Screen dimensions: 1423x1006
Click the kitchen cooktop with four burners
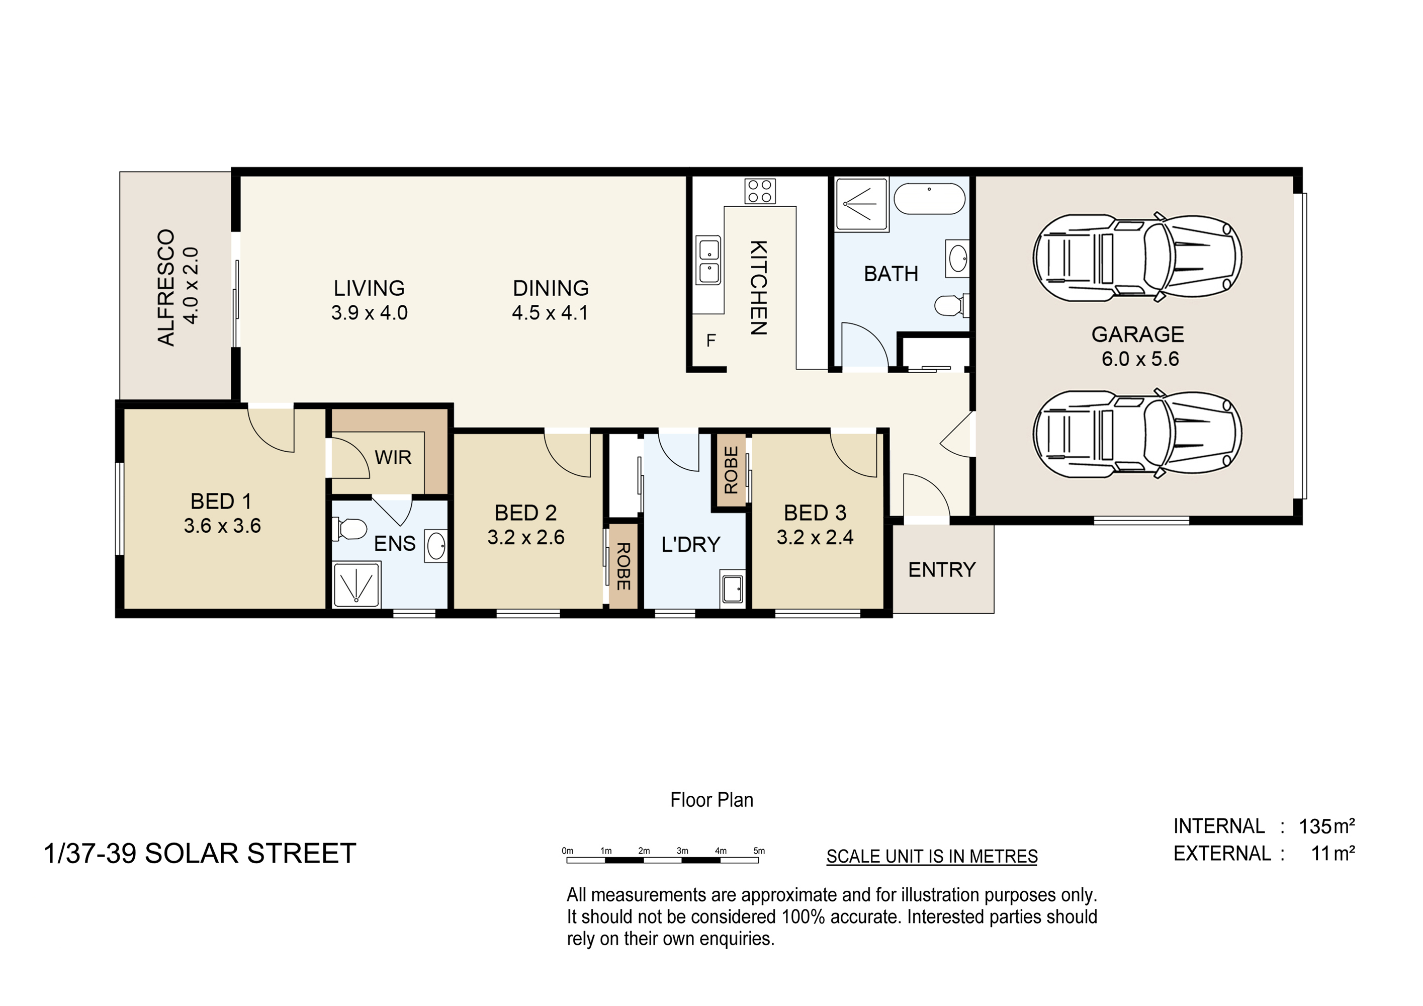760,191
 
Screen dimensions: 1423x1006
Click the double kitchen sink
708,261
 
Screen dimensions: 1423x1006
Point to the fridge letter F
711,341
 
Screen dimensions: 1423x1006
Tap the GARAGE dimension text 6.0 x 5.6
1140,359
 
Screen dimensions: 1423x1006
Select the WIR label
393,457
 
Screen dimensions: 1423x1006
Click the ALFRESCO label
166,287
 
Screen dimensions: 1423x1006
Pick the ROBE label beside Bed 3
731,470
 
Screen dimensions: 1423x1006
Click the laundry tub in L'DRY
733,588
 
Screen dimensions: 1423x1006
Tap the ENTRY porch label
941,569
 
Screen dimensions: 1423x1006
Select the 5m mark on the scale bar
759,851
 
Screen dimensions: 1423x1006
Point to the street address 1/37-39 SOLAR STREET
200,854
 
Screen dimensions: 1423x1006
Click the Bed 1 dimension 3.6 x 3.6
222,526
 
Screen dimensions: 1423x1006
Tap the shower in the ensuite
357,584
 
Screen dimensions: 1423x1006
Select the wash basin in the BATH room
957,259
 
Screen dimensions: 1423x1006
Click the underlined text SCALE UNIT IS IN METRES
932,857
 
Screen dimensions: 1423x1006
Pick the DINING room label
551,288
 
